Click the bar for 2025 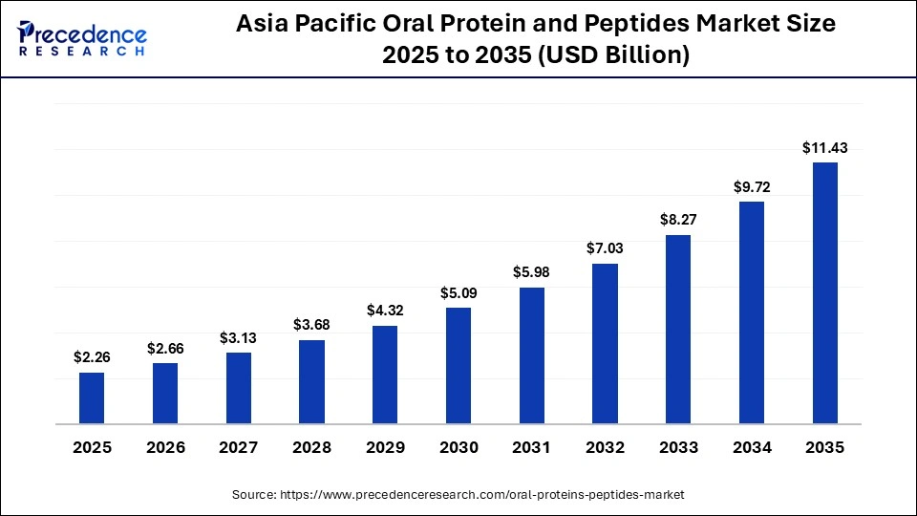coord(92,398)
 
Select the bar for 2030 coord(458,365)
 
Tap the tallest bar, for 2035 coord(825,292)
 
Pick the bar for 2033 coord(678,329)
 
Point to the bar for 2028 coord(311,381)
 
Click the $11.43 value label coord(825,148)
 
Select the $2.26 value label coord(92,357)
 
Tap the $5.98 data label coord(532,272)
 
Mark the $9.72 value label coord(752,187)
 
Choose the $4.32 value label coord(385,311)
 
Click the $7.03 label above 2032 coord(605,248)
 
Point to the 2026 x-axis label coord(165,447)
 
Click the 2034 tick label coord(752,447)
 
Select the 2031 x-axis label coord(532,447)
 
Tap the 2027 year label coord(239,447)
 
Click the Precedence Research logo coord(82,38)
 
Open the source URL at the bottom coord(458,494)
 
